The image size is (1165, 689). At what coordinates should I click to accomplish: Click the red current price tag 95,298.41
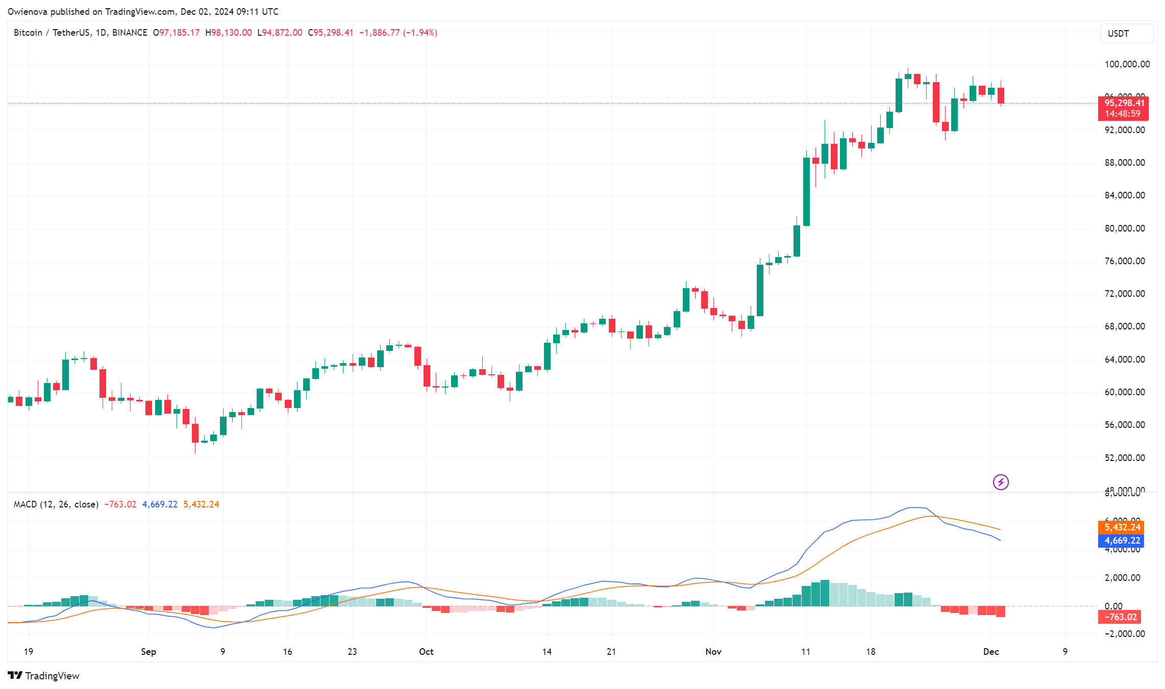[x=1124, y=103]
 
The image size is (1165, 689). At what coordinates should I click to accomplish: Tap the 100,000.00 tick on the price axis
[x=1127, y=64]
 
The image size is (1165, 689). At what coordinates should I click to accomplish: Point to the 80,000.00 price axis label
[x=1125, y=228]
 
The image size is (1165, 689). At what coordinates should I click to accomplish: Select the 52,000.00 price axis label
[x=1125, y=458]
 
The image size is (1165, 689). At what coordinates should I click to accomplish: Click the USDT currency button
[x=1126, y=34]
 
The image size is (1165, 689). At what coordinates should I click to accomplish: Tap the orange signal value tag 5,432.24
[x=1122, y=527]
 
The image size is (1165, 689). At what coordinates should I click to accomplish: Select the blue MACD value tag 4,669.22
[x=1122, y=541]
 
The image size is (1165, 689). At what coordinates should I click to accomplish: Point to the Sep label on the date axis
[x=148, y=652]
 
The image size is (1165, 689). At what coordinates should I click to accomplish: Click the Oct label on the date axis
[x=426, y=652]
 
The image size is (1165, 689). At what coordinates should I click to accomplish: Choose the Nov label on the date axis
[x=713, y=652]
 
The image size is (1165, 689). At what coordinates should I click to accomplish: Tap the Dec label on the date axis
[x=991, y=652]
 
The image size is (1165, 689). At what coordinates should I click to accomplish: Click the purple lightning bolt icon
[x=1001, y=482]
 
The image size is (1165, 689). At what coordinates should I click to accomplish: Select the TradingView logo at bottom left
[x=44, y=676]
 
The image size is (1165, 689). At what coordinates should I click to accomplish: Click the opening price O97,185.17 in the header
[x=177, y=33]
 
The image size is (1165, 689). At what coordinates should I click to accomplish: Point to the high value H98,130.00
[x=229, y=33]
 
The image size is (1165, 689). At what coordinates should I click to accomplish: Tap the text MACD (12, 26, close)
[x=56, y=504]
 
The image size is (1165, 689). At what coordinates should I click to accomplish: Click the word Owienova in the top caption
[x=28, y=11]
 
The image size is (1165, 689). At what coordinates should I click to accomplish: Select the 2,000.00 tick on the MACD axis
[x=1122, y=578]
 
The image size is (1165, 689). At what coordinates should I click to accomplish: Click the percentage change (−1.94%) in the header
[x=420, y=33]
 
